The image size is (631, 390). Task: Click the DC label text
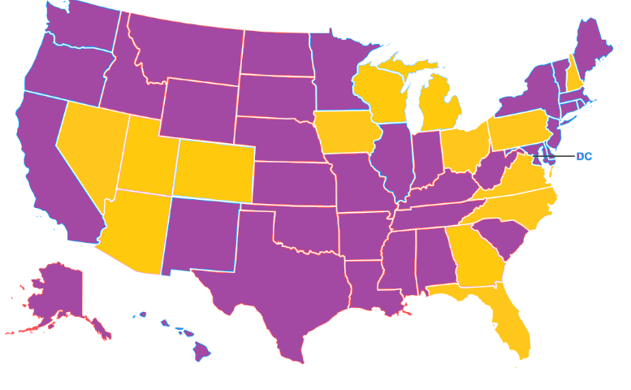click(584, 156)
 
